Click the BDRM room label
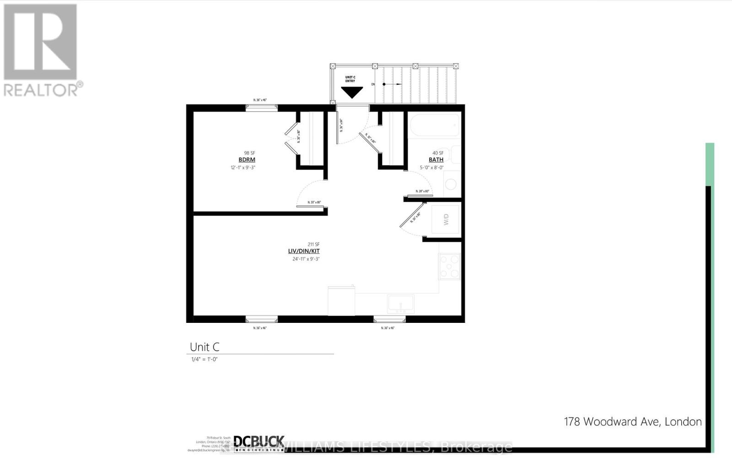click(x=247, y=160)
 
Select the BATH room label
click(x=436, y=160)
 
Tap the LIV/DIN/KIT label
click(x=304, y=251)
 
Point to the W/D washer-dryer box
click(x=446, y=219)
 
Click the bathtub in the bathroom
click(x=434, y=125)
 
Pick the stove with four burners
click(x=450, y=266)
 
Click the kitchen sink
click(x=401, y=304)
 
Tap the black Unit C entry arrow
click(x=352, y=93)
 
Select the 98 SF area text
click(x=249, y=153)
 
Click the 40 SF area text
click(x=438, y=153)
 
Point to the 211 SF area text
click(x=313, y=244)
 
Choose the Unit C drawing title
click(x=205, y=347)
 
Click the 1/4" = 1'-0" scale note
click(x=204, y=360)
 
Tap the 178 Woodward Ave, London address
click(x=633, y=422)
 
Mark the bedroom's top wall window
click(x=262, y=108)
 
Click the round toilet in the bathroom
click(x=451, y=184)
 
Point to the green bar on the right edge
click(x=710, y=164)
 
